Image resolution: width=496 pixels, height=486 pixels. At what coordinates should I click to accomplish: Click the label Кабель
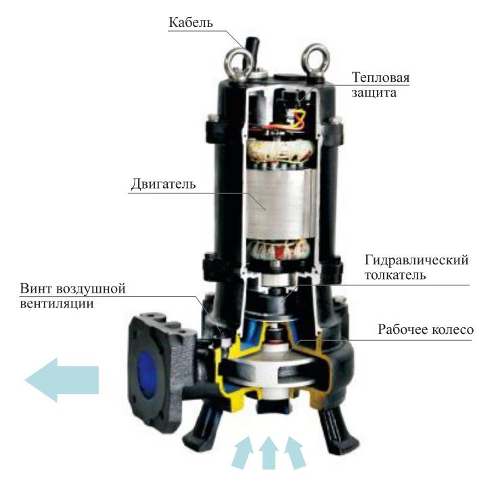tap(191, 23)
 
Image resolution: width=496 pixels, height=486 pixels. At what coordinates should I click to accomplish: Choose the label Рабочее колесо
tap(424, 331)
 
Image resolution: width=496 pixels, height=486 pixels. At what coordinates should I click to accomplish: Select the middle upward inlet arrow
tap(269, 453)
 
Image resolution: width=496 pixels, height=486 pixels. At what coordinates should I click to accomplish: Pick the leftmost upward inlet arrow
tap(242, 454)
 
